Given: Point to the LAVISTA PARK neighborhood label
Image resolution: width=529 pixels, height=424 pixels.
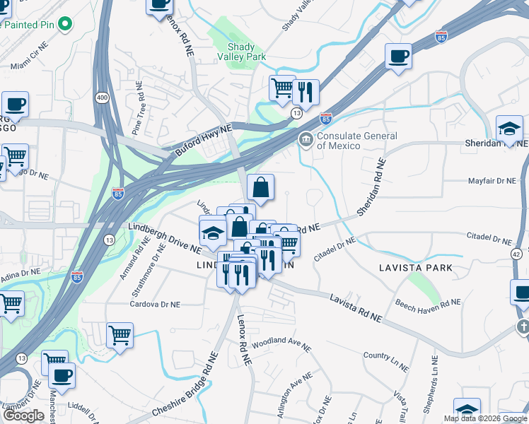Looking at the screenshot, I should (415, 268).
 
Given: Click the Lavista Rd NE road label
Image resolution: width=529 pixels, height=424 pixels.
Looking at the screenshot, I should (356, 308).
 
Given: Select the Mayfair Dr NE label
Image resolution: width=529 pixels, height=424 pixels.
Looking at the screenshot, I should (493, 181).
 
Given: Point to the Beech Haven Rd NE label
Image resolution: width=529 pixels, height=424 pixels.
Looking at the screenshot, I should (429, 302).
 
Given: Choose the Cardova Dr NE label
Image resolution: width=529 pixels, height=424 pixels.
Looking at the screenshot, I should (155, 305).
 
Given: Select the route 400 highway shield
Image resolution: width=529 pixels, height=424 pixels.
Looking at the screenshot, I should (103, 97).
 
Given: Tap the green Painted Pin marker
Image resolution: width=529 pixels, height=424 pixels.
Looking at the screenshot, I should (66, 25).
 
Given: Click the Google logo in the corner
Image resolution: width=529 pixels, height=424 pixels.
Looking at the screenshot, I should (24, 416).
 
